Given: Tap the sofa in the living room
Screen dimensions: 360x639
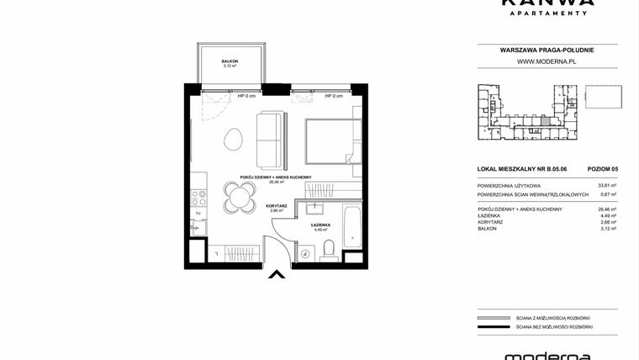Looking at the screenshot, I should pos(272,139).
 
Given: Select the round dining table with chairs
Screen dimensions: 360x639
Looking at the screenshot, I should pos(240,199).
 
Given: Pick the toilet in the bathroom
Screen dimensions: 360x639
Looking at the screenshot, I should pos(330,247).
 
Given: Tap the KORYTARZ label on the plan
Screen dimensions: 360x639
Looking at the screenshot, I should pos(277,205).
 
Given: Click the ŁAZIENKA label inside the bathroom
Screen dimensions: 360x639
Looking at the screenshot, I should pos(319,225).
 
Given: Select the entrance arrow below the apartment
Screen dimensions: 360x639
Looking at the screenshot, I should pos(276,273).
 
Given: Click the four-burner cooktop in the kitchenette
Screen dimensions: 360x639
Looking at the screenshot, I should pos(199,198).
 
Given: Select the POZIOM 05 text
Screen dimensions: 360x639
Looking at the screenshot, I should pos(603,170).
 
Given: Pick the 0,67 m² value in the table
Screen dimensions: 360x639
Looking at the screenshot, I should pos(608,194).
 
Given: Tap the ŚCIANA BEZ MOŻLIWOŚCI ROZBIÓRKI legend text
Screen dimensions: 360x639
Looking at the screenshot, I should pos(555,326).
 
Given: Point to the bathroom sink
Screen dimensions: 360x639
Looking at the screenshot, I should pos(316,208).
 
